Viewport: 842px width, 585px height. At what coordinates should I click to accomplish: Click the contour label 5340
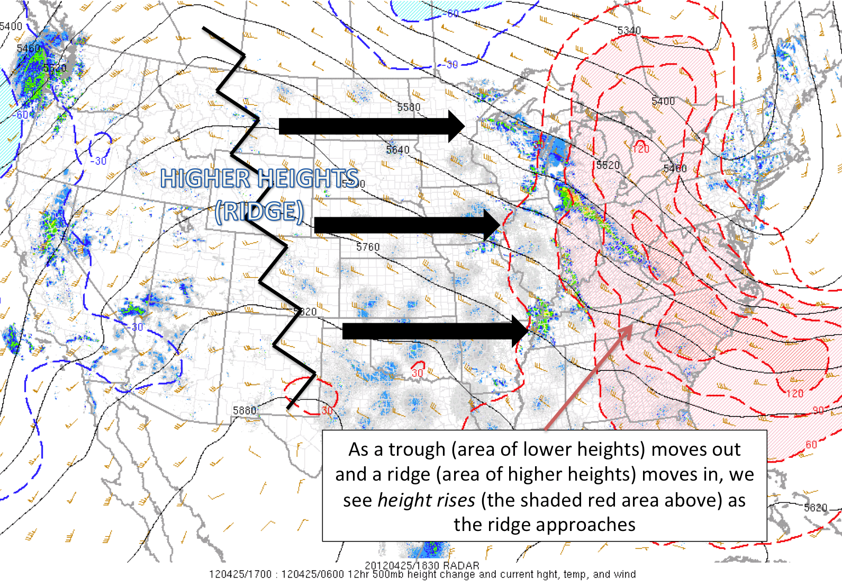[629, 31]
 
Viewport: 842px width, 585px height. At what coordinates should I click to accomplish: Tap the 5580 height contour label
[409, 108]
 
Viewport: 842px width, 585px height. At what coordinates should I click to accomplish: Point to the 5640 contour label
[397, 150]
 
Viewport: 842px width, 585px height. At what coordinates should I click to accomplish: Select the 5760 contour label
[368, 247]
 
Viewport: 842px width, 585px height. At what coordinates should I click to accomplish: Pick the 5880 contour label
[245, 411]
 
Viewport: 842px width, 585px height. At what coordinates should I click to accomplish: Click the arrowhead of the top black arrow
[456, 126]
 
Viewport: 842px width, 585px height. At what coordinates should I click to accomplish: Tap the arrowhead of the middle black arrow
[492, 225]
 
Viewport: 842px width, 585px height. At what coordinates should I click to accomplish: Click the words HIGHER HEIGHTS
[259, 179]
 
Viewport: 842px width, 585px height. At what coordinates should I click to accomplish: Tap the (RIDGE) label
[259, 211]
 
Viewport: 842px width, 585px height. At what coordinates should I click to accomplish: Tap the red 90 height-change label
[818, 411]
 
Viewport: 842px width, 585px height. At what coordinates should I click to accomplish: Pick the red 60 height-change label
[811, 445]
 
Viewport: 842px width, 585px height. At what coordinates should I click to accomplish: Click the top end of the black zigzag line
[204, 29]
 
